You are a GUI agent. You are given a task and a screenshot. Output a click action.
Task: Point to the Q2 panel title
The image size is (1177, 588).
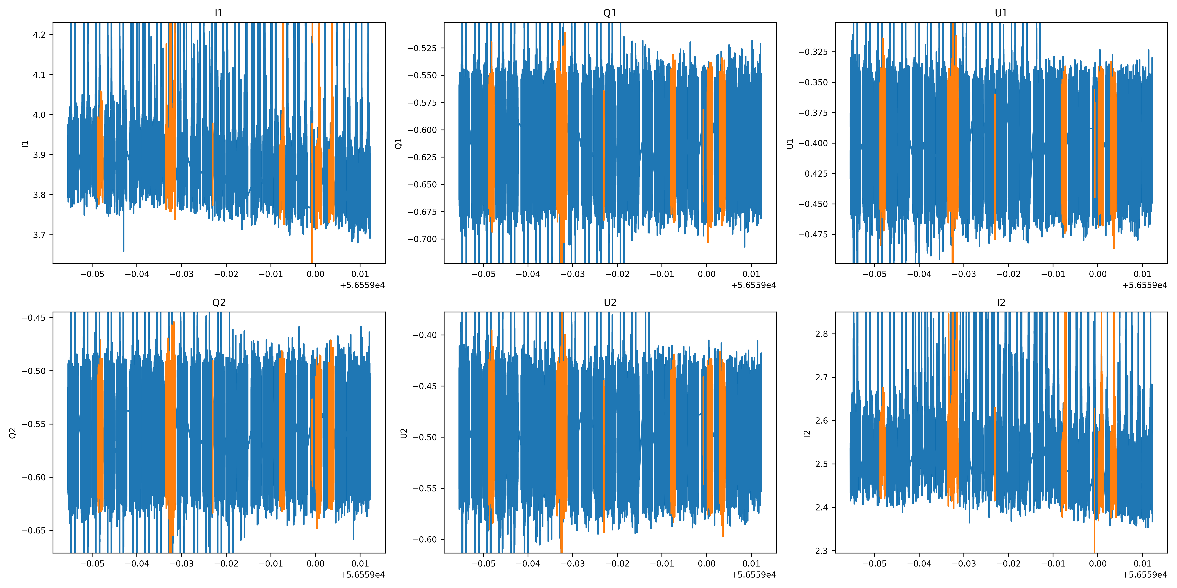219,303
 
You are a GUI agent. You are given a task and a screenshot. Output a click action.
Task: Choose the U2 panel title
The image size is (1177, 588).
610,303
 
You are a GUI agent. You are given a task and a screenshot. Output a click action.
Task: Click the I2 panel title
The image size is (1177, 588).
1001,303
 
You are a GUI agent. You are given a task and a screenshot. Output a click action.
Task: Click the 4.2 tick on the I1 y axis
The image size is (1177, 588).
39,35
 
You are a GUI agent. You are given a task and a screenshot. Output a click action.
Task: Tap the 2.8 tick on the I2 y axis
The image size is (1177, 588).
822,334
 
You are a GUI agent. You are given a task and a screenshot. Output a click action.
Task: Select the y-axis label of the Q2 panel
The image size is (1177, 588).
13,433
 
